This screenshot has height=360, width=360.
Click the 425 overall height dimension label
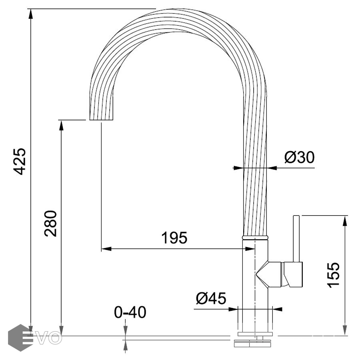(20, 162)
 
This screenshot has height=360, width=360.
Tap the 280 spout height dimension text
(50, 223)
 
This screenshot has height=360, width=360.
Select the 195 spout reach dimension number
(174, 238)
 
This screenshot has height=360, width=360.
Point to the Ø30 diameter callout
(299, 157)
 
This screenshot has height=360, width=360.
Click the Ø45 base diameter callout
(211, 298)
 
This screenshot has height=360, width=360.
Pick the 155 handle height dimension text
(333, 275)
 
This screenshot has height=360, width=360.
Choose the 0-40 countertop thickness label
(130, 312)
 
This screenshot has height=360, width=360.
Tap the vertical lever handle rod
(296, 238)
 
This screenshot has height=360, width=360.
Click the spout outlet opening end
(101, 120)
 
